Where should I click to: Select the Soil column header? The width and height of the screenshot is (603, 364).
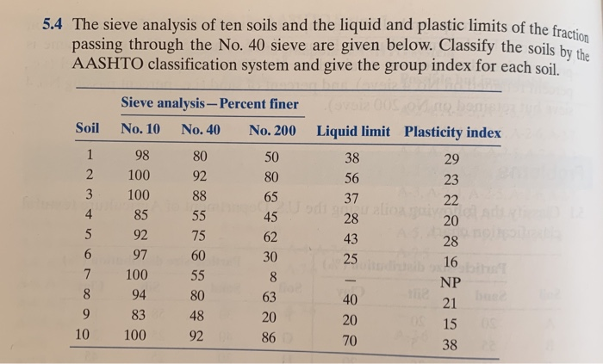tap(88, 130)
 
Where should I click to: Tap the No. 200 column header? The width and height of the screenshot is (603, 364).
tap(272, 131)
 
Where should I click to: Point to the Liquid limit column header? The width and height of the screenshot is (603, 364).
tap(353, 132)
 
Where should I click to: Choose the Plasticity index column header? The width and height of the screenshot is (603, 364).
tap(453, 133)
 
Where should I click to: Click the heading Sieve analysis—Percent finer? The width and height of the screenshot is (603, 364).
tap(211, 104)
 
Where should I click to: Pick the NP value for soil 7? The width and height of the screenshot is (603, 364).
tap(451, 282)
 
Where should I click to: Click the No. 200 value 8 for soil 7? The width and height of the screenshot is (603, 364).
tap(271, 278)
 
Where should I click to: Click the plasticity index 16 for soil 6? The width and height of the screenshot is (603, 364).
tap(451, 263)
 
